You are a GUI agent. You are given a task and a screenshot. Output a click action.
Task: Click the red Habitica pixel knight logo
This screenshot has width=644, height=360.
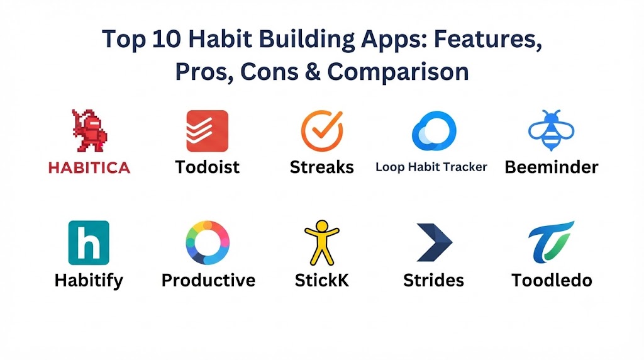[x=89, y=130]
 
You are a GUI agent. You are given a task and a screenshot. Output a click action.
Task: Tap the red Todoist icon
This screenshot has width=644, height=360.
[x=208, y=131]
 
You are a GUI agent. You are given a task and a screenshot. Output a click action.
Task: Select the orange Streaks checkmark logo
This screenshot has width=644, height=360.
[x=322, y=131]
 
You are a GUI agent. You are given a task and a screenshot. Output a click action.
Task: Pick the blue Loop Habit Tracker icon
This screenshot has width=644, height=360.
[x=434, y=131]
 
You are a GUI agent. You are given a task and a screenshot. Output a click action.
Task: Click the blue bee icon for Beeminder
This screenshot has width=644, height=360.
[x=551, y=130]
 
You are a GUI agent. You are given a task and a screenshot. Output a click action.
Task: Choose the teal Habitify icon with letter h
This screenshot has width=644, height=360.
[x=89, y=242]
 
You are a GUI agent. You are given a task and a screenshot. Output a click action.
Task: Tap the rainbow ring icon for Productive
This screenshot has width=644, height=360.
[x=208, y=242]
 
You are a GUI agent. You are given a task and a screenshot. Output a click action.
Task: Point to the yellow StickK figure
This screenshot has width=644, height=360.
[x=322, y=242]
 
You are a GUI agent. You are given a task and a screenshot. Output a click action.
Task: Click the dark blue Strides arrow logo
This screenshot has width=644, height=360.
[x=434, y=242]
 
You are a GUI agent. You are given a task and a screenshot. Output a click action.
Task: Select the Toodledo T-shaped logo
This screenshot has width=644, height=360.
[x=550, y=242]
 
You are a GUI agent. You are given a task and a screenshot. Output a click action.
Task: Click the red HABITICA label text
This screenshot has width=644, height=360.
[x=89, y=167]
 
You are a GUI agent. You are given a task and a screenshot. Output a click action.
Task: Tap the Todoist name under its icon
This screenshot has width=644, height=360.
[x=208, y=167]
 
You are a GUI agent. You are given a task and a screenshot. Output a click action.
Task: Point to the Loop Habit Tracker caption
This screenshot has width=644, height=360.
[x=431, y=167]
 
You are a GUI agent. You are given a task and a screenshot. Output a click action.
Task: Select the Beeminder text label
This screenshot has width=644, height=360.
[x=552, y=167]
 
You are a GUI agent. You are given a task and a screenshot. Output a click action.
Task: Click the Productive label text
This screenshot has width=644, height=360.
[x=208, y=280]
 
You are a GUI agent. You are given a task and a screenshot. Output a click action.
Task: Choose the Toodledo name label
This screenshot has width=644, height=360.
[x=552, y=280]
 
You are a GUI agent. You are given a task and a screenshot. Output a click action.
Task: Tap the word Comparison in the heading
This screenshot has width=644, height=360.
[x=398, y=72]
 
